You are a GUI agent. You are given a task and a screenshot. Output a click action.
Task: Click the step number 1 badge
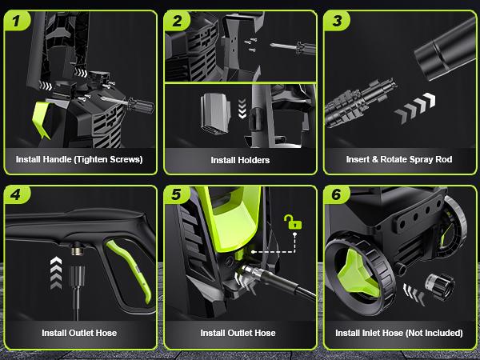pos(17,21)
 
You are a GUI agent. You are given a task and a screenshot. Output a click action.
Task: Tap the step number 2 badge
pos(177,21)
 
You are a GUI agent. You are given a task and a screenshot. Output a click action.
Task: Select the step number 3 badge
pos(337,21)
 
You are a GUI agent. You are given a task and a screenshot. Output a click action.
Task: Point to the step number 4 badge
pos(17,194)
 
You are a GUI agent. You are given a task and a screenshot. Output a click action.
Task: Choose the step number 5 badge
pos(177,194)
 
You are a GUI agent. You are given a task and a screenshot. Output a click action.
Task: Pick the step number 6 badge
pos(337,194)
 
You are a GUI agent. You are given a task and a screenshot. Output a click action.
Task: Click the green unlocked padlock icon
pos(292,222)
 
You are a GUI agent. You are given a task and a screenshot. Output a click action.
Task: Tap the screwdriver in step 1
pos(128,103)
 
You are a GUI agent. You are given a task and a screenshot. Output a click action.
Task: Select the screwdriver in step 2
pos(293,47)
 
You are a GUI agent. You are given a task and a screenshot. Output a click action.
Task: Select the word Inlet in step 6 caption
pos(370,333)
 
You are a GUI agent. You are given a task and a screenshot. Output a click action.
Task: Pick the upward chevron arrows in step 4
pos(56,273)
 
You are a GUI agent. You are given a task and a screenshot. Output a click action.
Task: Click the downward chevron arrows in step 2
pos(242,108)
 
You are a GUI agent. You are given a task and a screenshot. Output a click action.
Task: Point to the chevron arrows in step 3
pos(414,108)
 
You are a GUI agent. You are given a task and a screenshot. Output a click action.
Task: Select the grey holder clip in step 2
pos(215,114)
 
